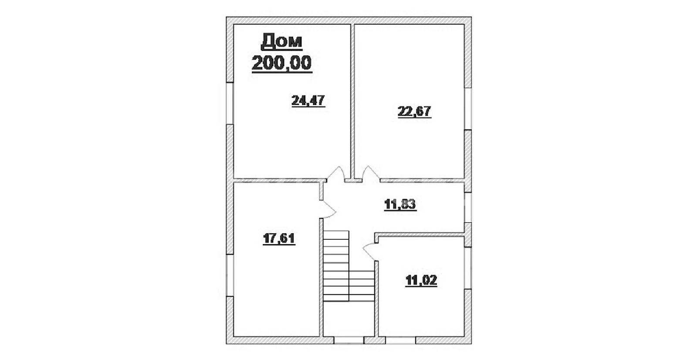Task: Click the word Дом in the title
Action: coord(281,42)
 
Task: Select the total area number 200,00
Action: coord(282,63)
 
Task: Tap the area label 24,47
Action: coord(308,101)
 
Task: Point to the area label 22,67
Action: coord(414,112)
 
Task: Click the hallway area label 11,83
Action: coord(400,204)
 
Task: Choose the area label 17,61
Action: coord(279,239)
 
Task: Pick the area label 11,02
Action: coord(421,280)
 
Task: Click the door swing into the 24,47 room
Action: coord(336,174)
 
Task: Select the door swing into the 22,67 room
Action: coord(371,174)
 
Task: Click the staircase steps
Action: coord(348,266)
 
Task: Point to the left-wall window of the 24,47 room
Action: coord(230,103)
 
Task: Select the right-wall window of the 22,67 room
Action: coord(468,109)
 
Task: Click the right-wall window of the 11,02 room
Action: coord(468,268)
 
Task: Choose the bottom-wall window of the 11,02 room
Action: coord(401,340)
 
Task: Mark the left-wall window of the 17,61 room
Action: coord(230,275)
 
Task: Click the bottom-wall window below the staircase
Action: coord(349,340)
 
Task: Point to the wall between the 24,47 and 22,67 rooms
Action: coord(353,102)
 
